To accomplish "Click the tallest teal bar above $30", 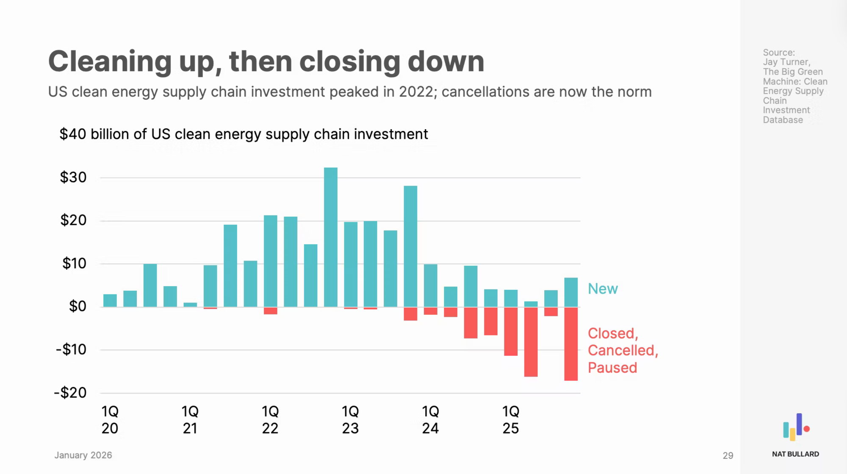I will click(331, 237).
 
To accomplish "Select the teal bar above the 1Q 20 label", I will click(110, 300).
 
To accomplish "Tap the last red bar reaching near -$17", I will click(571, 344).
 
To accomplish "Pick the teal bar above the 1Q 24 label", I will click(431, 286).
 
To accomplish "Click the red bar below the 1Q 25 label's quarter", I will click(511, 331).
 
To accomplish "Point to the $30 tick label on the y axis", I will click(73, 177).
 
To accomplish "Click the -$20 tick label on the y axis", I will click(70, 393).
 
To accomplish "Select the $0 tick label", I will click(78, 306).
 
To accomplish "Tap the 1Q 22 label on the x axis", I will click(270, 420).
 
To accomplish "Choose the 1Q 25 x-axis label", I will click(511, 420).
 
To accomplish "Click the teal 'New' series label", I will click(603, 289).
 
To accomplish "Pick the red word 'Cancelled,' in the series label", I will click(623, 350).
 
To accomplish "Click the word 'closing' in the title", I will click(349, 61).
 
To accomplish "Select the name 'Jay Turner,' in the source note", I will click(786, 62).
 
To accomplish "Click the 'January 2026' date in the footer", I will click(83, 455).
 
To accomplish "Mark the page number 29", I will click(728, 455).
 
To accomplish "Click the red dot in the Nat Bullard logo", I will click(807, 429).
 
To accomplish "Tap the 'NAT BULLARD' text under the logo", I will click(795, 454).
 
